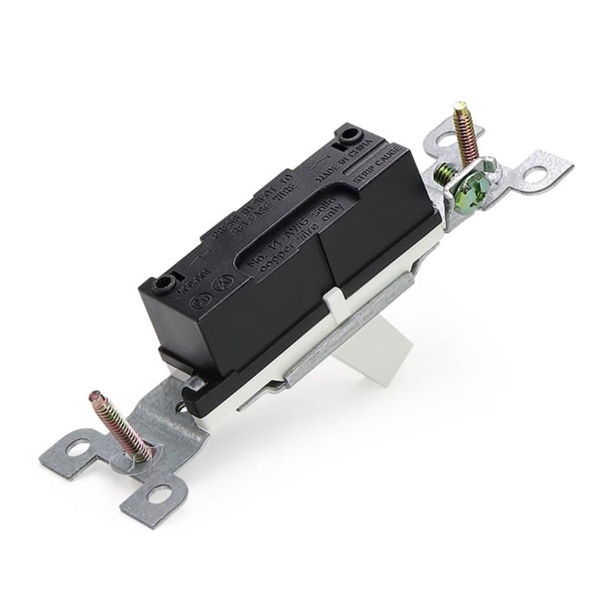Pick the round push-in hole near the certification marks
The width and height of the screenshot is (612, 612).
click(164, 285)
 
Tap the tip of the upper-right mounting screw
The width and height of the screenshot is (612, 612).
click(460, 106)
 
